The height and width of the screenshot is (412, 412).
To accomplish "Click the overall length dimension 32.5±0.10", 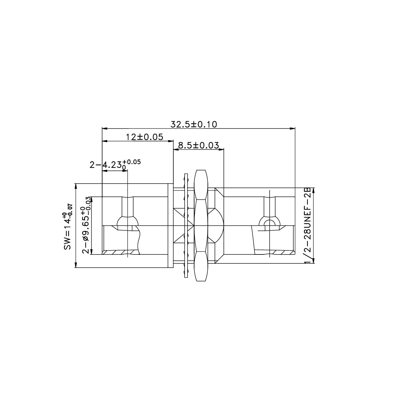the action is pos(193,124).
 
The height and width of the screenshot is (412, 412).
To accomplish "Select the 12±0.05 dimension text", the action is pos(145,137).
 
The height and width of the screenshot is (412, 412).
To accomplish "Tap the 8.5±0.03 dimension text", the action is pos(198,145).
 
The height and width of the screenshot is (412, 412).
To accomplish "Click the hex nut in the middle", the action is pos(201,225).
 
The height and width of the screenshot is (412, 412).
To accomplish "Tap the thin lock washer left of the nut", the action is pos(186,225).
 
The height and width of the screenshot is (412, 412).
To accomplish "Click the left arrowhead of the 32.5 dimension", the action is pos(104,129).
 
